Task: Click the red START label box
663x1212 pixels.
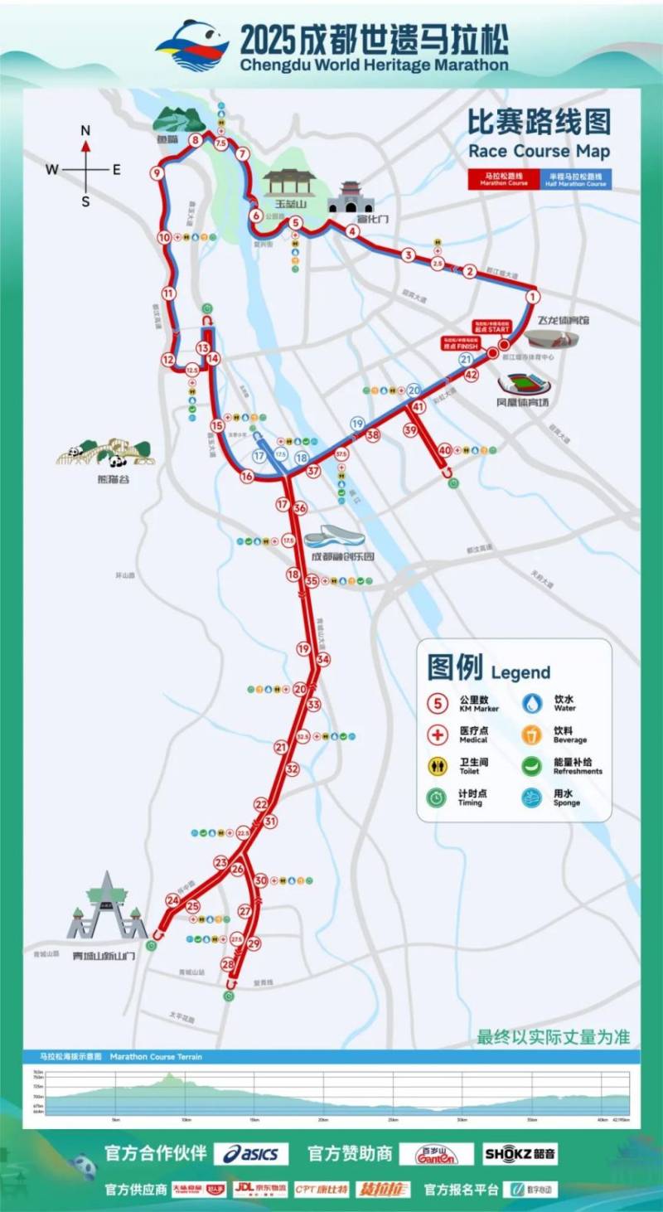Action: click(x=490, y=327)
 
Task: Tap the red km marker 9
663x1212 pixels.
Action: click(x=157, y=173)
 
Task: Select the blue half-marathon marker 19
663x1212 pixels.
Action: click(x=357, y=424)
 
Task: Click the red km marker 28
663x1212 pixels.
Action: click(x=228, y=964)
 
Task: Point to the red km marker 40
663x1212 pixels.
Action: click(x=445, y=450)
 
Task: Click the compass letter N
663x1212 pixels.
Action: click(x=85, y=131)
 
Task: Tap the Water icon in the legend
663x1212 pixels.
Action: click(x=532, y=703)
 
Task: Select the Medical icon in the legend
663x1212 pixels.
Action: click(x=438, y=734)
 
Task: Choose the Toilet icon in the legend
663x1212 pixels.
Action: click(x=438, y=765)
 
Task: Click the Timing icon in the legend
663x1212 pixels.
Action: click(x=438, y=797)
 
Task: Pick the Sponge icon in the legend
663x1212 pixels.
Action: click(x=532, y=797)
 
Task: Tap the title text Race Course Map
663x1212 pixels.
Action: click(x=539, y=152)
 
